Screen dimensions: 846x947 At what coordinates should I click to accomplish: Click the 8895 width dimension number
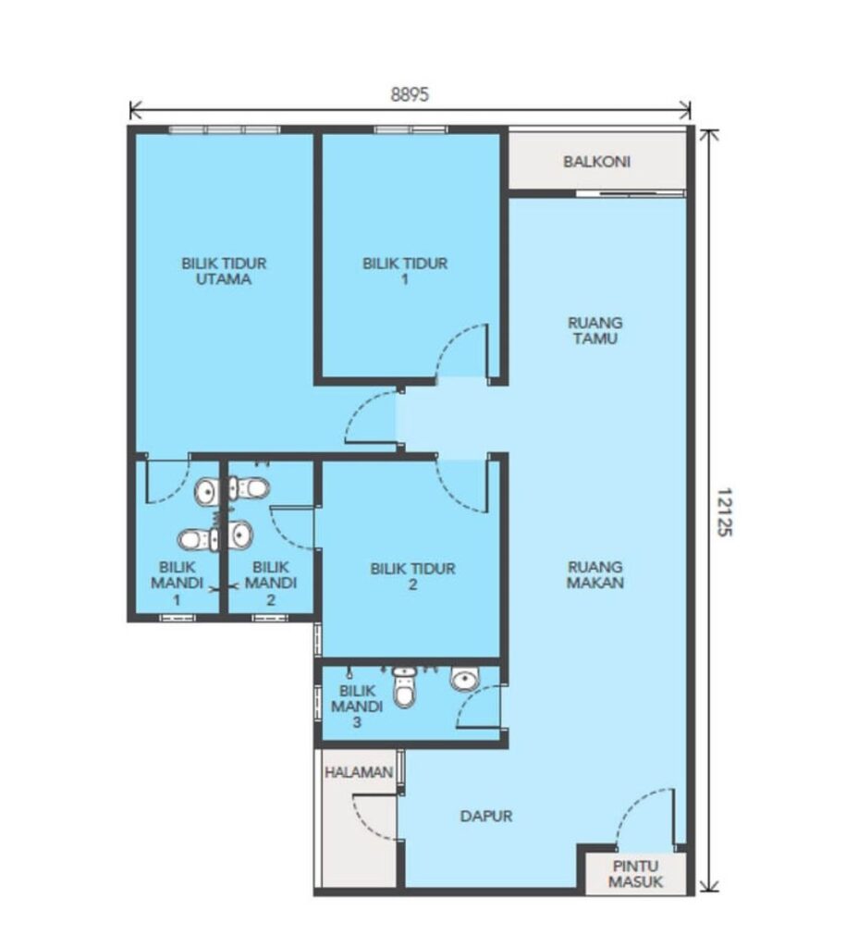[x=410, y=95]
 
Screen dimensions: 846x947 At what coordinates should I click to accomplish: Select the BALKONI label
[x=596, y=161]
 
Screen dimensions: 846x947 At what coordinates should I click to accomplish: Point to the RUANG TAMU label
[x=595, y=330]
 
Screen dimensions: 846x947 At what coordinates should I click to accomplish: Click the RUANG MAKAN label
[x=595, y=574]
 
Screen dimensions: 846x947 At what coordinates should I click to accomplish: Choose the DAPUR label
[x=486, y=816]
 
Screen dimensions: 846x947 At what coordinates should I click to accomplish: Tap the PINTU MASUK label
[x=635, y=873]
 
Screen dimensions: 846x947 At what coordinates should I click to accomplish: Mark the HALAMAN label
[x=359, y=772]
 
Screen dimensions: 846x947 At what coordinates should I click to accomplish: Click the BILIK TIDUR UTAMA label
[x=224, y=271]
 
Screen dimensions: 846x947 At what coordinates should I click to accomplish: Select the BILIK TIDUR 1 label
[x=405, y=271]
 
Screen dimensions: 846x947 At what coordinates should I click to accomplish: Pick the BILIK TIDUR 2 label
[x=413, y=576]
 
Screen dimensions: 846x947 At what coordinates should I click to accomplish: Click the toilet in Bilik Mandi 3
[x=404, y=687]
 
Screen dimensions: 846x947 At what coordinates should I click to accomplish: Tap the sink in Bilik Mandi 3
[x=465, y=679]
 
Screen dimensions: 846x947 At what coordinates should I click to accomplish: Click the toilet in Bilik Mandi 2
[x=249, y=487]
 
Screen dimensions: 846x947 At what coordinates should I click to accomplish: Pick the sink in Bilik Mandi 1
[x=207, y=492]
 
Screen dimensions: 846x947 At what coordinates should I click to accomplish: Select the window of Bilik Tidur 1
[x=411, y=129]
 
